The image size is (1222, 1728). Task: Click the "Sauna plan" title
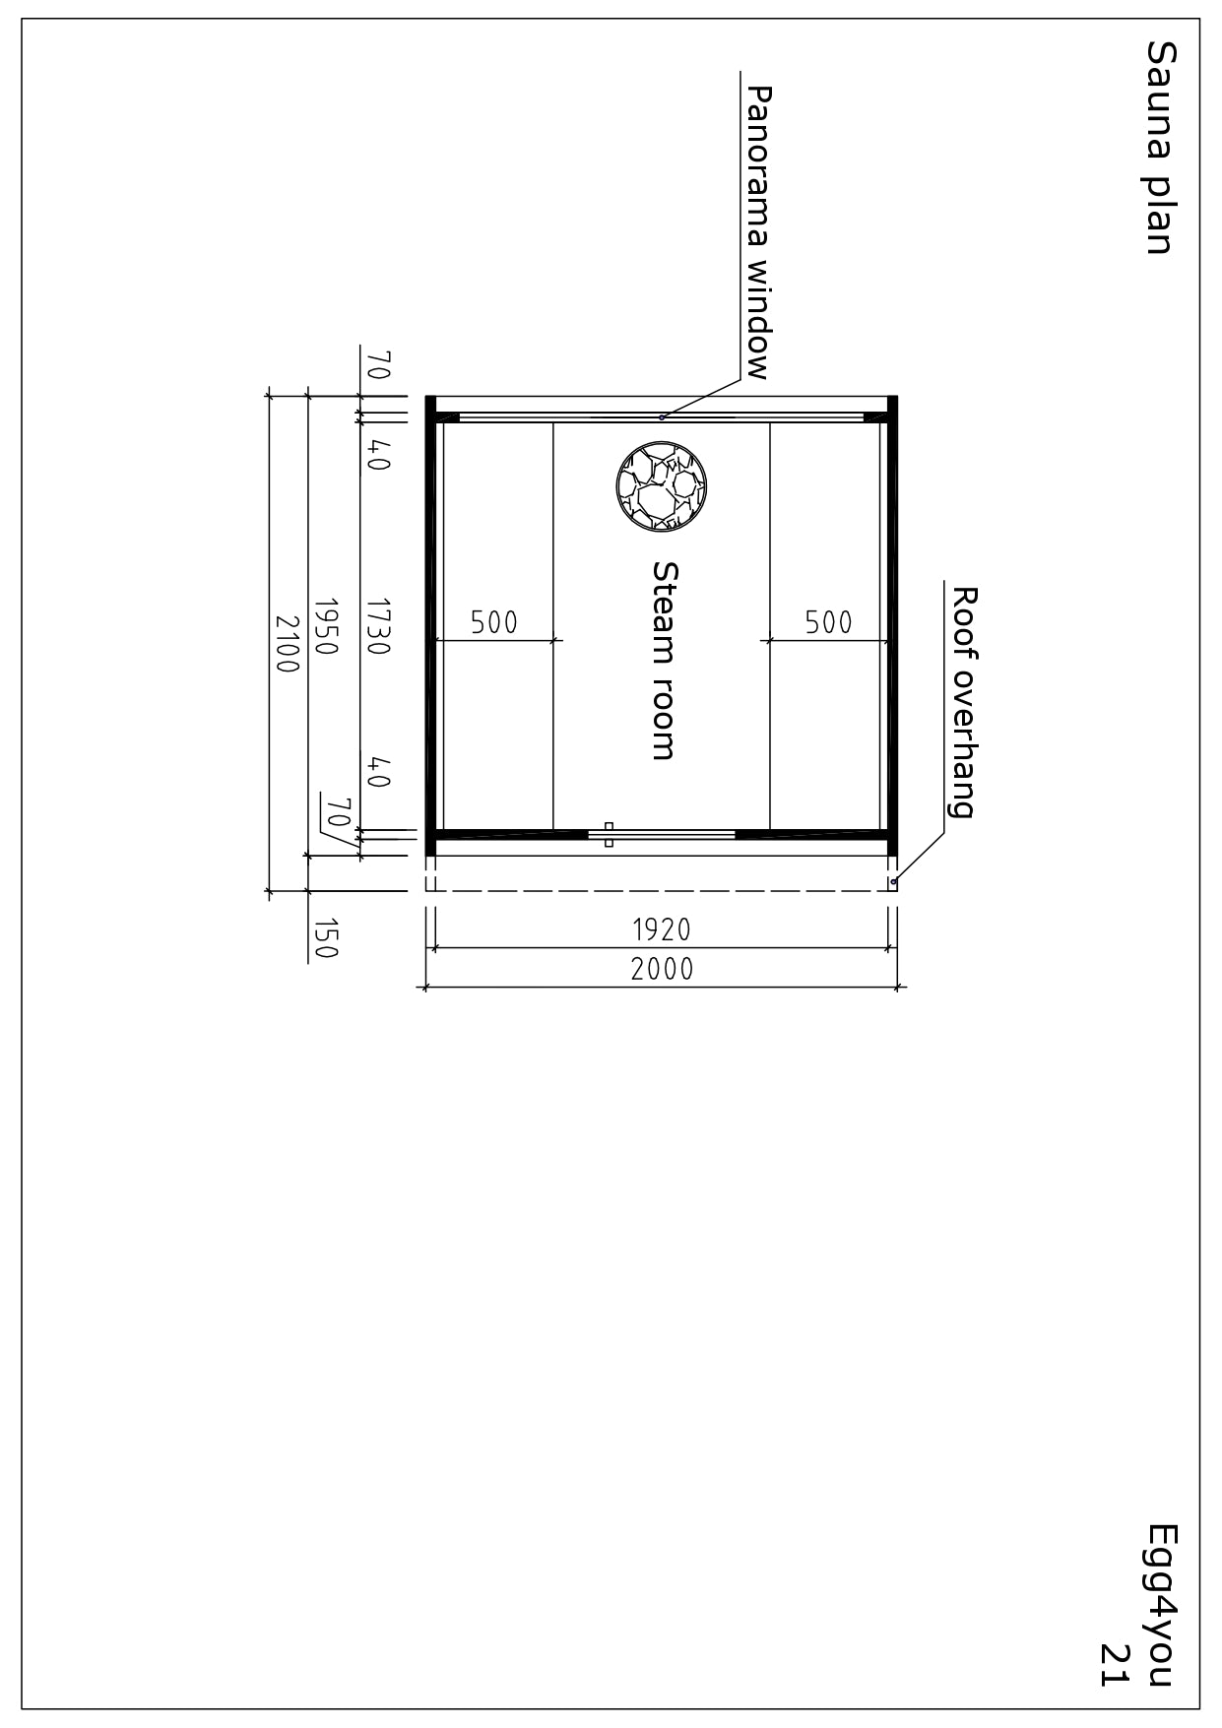pos(1160,148)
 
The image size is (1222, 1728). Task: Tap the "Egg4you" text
pos(1161,1605)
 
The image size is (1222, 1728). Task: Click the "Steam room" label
pos(666,661)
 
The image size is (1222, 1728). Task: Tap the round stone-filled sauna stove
pos(663,485)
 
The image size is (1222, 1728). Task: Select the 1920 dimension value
pos(662,929)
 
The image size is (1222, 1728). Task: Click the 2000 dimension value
pos(662,970)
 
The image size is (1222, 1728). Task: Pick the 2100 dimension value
pos(287,644)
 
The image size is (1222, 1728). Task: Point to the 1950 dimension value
pos(326,626)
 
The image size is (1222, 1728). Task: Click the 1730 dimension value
pos(379,626)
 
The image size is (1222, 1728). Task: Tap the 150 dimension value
pos(326,938)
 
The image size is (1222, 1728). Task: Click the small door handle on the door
pos(609,835)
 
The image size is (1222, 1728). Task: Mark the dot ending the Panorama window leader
pos(662,417)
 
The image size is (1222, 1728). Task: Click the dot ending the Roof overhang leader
pos(893,881)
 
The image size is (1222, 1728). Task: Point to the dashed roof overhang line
pos(661,891)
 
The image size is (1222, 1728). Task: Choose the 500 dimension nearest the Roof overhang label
pos(829,622)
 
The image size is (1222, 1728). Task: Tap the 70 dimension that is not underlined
pos(379,365)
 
